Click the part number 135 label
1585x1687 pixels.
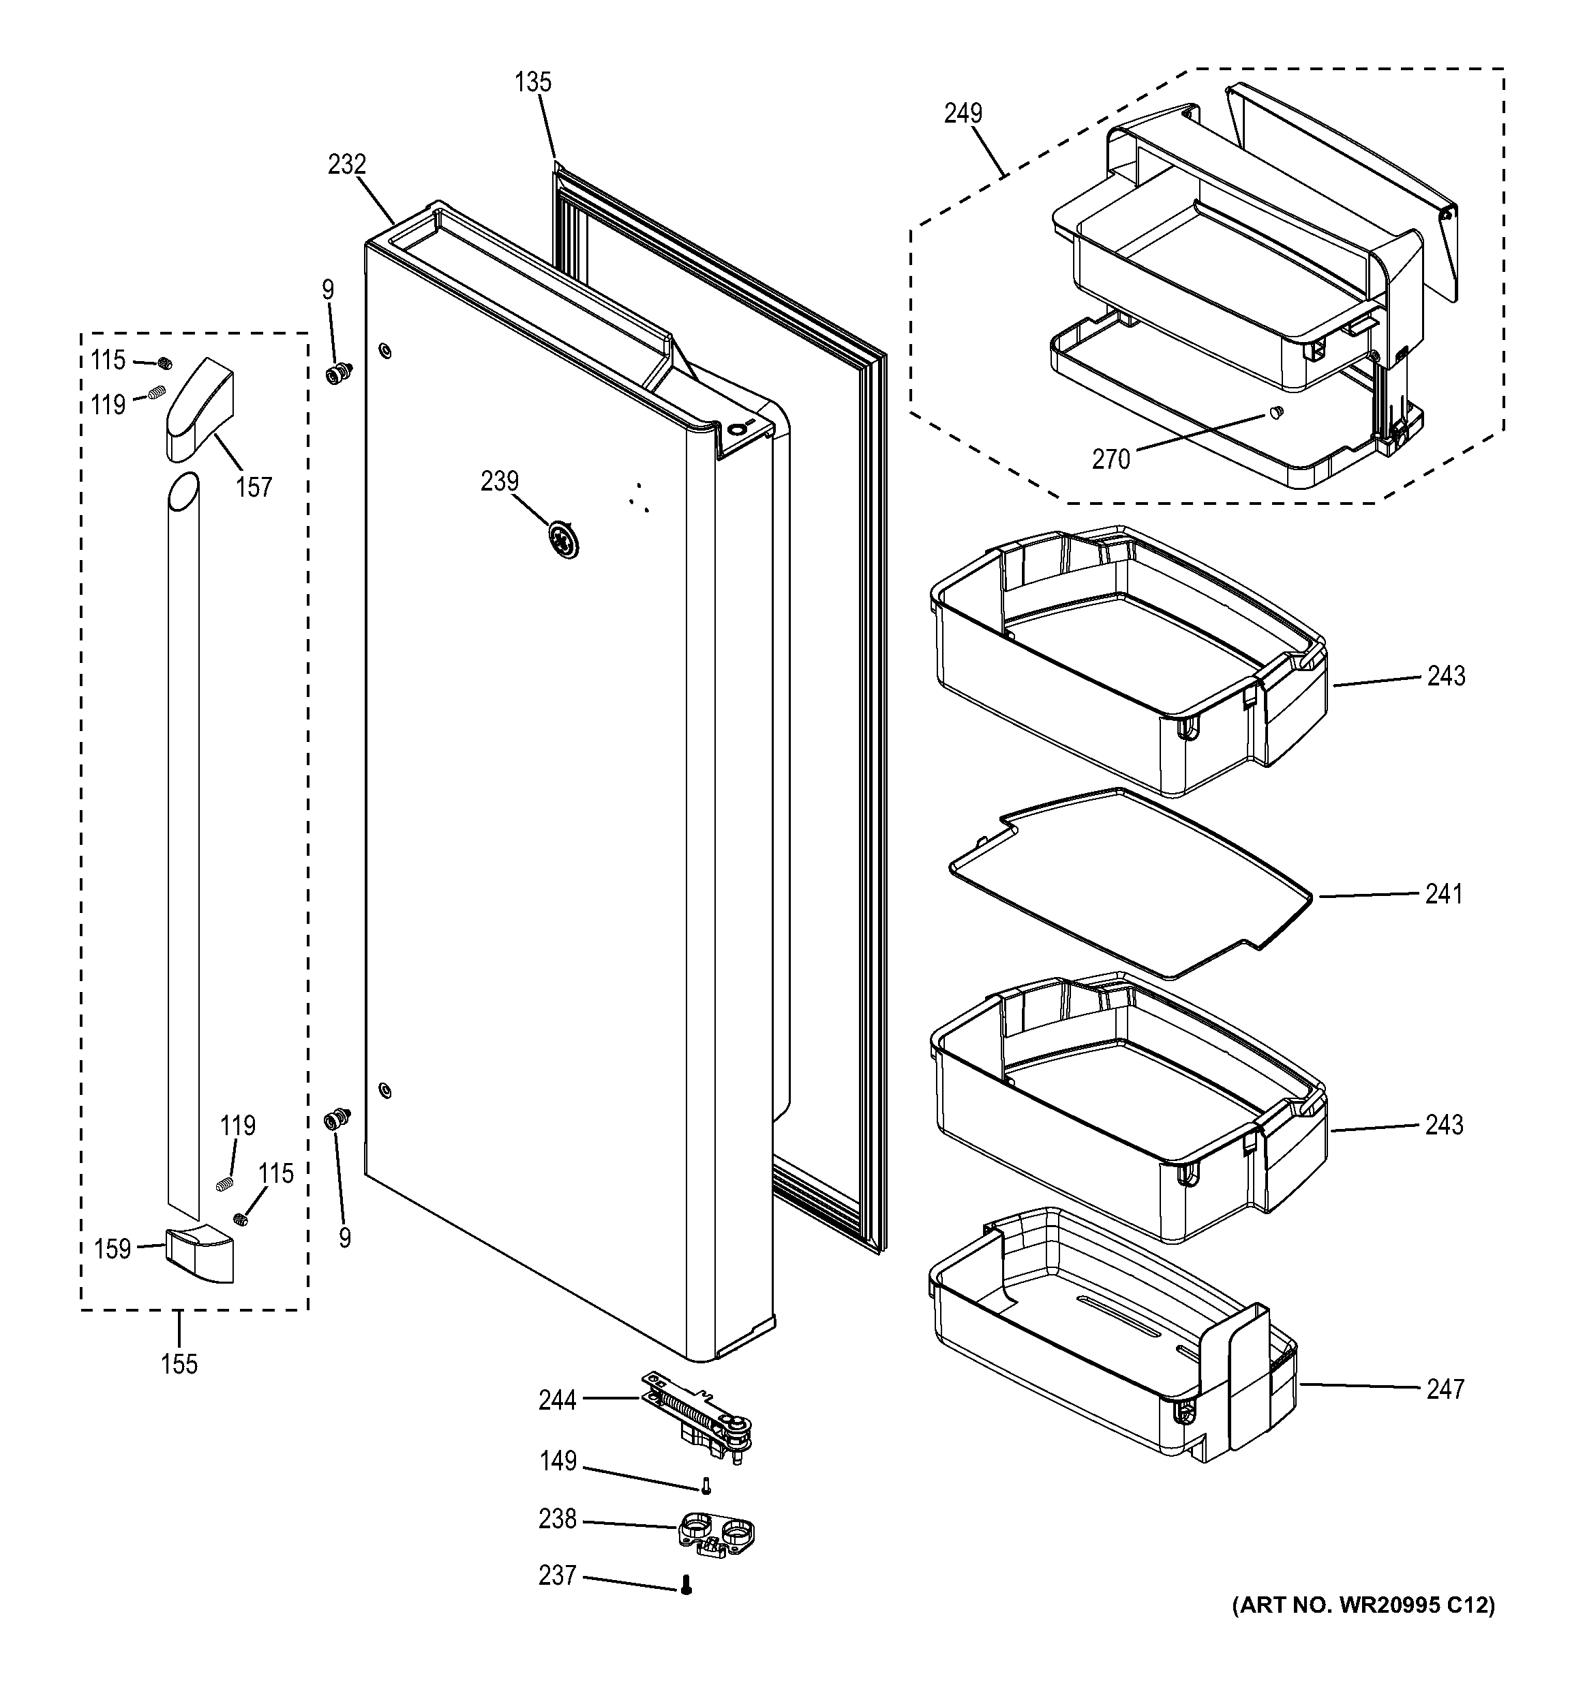(x=532, y=82)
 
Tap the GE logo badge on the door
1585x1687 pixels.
(x=561, y=540)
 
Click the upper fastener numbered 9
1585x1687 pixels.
(x=339, y=372)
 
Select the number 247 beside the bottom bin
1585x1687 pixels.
(x=1445, y=1389)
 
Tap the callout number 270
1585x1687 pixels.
(x=1111, y=459)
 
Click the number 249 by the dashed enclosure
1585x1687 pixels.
(x=963, y=113)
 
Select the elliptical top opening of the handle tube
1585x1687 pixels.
(x=183, y=492)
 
